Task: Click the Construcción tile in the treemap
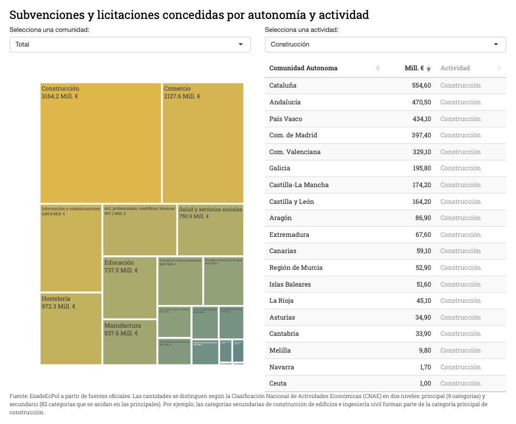[101, 143]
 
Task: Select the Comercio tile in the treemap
[203, 143]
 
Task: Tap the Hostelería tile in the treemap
[71, 328]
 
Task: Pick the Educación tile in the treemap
[130, 287]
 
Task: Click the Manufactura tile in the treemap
[130, 342]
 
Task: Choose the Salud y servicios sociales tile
[210, 230]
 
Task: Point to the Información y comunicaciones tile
[71, 248]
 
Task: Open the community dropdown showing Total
[130, 44]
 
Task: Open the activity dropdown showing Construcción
[385, 44]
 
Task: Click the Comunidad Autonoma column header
[303, 68]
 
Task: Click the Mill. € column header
[414, 68]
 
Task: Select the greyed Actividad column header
[455, 68]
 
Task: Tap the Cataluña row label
[283, 85]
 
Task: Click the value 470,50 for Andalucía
[421, 102]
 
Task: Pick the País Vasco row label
[286, 119]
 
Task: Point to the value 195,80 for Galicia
[421, 168]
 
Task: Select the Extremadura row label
[289, 235]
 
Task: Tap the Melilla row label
[280, 350]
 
